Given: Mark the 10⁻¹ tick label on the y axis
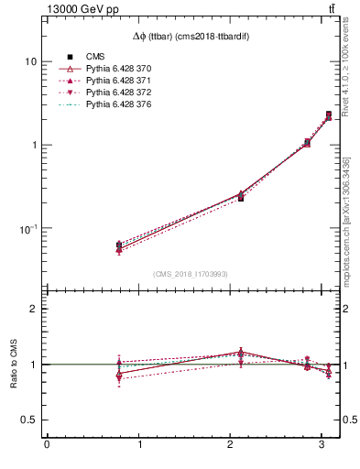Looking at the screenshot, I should tap(28, 228).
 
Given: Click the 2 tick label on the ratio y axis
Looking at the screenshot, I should tap(34, 309).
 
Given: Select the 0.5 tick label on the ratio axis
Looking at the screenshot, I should tap(29, 420).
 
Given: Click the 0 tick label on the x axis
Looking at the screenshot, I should tap(47, 445).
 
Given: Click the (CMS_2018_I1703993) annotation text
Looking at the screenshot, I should tap(190, 274).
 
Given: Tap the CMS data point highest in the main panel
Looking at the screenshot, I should tap(329, 115).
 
